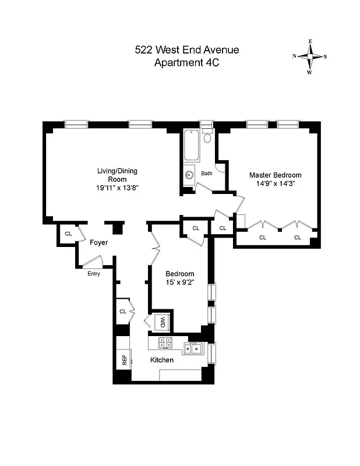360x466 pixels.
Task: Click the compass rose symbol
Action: click(x=309, y=57)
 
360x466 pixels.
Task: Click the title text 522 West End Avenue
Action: click(x=186, y=50)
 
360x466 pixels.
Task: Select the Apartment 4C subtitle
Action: click(x=186, y=63)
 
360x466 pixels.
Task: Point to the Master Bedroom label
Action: click(x=275, y=175)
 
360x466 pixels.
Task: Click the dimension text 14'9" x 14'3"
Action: click(x=275, y=184)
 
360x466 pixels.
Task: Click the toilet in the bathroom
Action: click(x=207, y=138)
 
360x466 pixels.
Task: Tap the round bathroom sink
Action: click(x=189, y=175)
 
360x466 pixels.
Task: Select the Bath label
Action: click(x=207, y=174)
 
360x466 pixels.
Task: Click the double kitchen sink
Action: click(x=193, y=348)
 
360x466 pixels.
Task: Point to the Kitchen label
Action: click(x=162, y=361)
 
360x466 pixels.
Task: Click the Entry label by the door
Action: click(x=93, y=274)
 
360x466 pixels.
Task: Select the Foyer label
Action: click(x=98, y=243)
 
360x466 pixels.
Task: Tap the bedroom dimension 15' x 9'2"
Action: click(x=179, y=283)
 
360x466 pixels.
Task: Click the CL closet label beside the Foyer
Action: click(x=68, y=234)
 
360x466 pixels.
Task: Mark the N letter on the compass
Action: click(x=295, y=57)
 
